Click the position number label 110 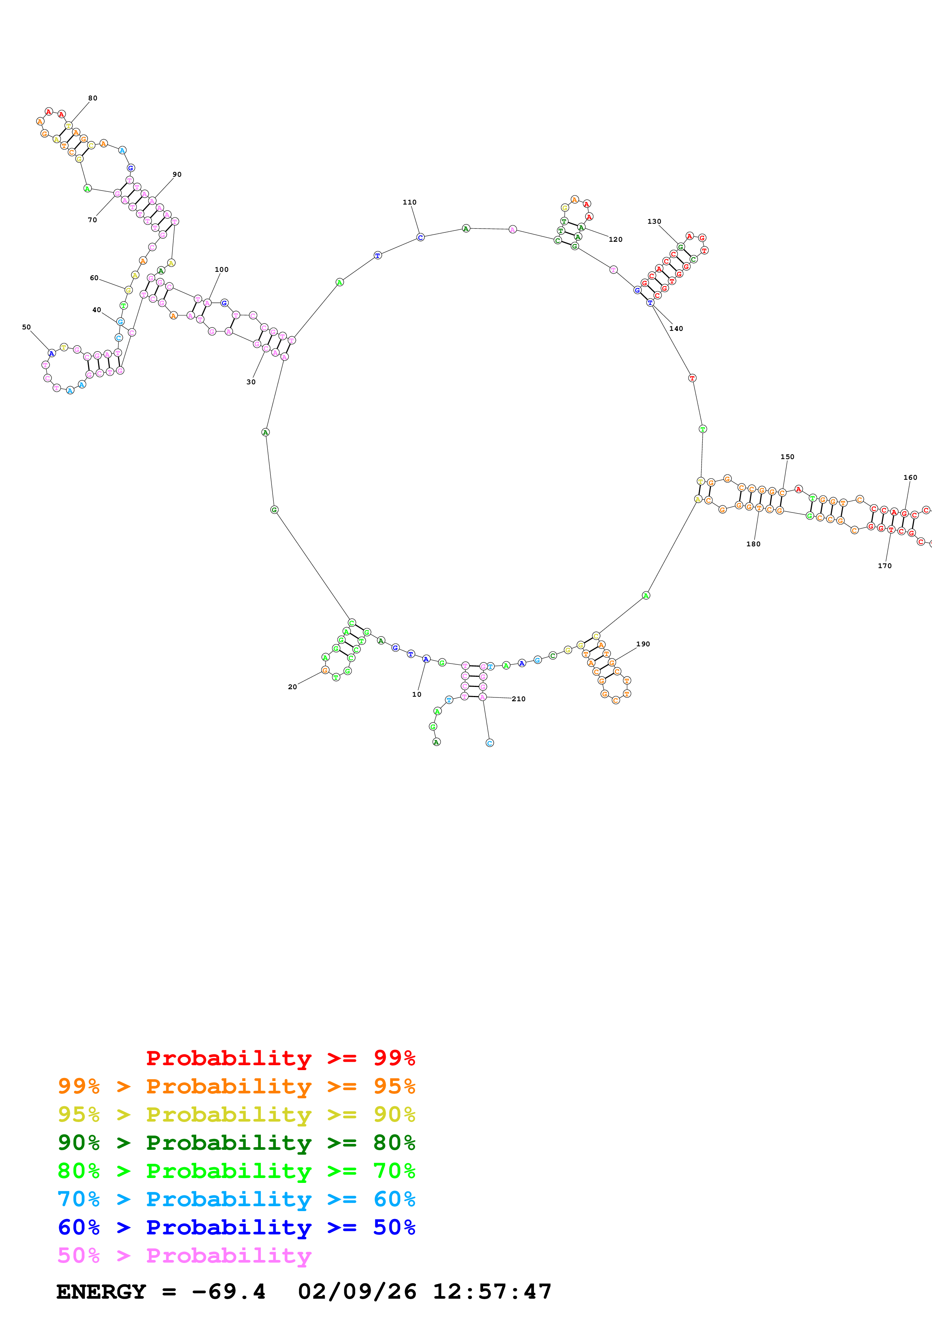point(409,202)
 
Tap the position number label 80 point(92,98)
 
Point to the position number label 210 point(518,699)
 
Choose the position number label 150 point(787,457)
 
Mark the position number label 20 point(292,687)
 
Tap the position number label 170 point(884,566)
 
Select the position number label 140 point(676,329)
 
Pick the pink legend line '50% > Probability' point(184,1256)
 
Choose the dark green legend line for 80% point(236,1143)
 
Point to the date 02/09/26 point(357,1292)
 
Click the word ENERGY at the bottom point(101,1292)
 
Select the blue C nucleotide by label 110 point(420,237)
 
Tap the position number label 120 point(615,240)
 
